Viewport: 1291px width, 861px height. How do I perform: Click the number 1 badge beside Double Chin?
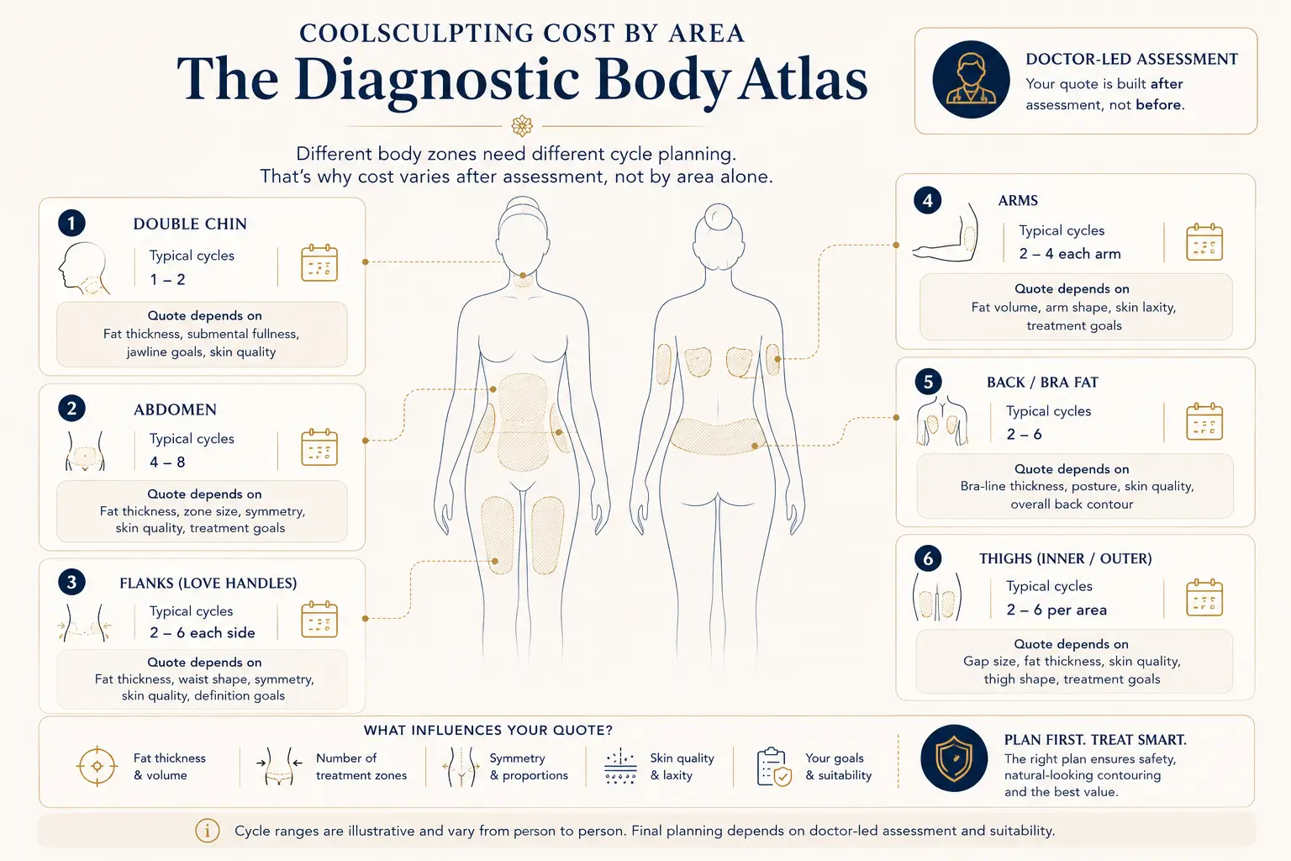click(x=71, y=223)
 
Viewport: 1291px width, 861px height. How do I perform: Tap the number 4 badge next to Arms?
click(x=927, y=200)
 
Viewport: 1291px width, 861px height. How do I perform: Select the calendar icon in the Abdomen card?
click(x=319, y=447)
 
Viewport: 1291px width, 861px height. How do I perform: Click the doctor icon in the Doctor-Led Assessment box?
click(x=971, y=80)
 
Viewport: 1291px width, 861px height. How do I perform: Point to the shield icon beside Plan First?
click(x=954, y=758)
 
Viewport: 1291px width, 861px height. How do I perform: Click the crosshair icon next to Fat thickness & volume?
click(x=97, y=766)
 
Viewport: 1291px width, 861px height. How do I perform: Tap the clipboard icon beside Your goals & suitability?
click(x=774, y=767)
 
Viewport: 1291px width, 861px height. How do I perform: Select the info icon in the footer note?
click(x=208, y=831)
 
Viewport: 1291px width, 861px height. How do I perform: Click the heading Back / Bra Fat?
click(x=1042, y=383)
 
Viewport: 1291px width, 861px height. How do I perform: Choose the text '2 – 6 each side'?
click(x=203, y=632)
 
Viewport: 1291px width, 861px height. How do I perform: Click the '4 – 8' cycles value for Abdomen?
click(x=167, y=462)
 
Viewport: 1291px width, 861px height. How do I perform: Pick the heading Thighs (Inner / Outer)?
click(x=1066, y=558)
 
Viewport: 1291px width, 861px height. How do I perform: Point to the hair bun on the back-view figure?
click(x=718, y=217)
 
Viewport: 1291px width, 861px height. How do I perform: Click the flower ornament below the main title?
click(x=522, y=126)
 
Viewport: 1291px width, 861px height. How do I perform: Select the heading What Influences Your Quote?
click(x=487, y=730)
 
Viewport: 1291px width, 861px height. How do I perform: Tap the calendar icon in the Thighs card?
click(x=1204, y=598)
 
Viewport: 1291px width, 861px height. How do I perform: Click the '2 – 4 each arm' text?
click(x=1070, y=254)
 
